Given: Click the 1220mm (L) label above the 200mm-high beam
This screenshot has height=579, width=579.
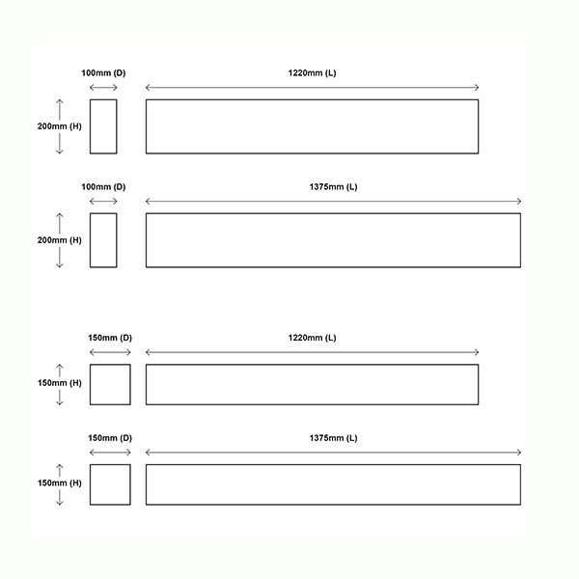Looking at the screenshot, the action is click(x=312, y=73).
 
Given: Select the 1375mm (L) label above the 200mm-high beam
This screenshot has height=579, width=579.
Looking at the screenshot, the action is click(x=334, y=187).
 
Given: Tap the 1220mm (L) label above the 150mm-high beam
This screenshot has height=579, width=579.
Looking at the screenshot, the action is click(x=312, y=338).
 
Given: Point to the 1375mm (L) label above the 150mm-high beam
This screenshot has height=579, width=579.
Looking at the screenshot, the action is click(x=334, y=438).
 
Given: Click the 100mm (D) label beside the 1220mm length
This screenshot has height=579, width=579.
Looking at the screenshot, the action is click(x=103, y=73).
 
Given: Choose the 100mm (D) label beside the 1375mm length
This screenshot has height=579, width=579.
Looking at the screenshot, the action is click(x=103, y=187).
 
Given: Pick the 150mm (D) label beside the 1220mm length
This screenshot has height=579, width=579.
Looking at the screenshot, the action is click(x=110, y=338).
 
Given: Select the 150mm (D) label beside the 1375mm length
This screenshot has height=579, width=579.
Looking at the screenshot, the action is click(x=110, y=438).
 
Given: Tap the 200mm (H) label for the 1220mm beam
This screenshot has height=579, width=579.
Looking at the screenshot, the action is click(x=60, y=126).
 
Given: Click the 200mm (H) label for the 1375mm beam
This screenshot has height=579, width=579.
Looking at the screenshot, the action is click(x=60, y=240).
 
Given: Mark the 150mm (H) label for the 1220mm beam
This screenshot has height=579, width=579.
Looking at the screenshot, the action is click(x=60, y=383).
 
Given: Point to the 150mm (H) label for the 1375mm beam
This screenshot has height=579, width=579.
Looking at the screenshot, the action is click(x=60, y=483).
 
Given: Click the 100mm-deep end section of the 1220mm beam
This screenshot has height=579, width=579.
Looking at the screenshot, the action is click(x=103, y=99).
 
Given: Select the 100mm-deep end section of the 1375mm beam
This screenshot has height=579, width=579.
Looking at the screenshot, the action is click(x=103, y=213).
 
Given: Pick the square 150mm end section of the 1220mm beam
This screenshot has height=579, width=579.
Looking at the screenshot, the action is click(x=110, y=365).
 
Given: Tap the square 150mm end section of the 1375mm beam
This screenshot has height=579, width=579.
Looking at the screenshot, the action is click(x=110, y=465).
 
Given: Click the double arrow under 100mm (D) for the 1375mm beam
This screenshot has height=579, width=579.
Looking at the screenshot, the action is click(x=103, y=202).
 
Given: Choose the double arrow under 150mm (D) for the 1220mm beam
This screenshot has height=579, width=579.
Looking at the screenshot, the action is click(x=110, y=352).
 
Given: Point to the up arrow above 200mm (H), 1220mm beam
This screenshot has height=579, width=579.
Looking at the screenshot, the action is click(x=60, y=109).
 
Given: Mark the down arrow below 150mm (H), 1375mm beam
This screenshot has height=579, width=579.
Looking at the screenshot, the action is click(x=60, y=497).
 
